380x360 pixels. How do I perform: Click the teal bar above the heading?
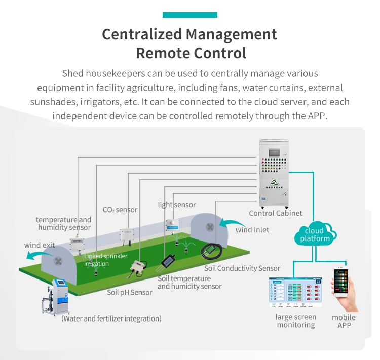pos(189,15)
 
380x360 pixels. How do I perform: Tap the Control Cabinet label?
pos(275,213)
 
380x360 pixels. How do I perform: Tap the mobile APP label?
pos(344,321)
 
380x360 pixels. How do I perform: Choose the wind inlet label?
pos(252,230)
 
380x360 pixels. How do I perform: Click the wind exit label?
pos(40,245)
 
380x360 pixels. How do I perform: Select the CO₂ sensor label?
pos(120,210)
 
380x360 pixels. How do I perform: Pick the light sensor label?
pos(176,205)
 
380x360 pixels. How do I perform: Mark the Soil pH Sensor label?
pos(130,292)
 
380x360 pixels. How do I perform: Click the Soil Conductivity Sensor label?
pos(242,268)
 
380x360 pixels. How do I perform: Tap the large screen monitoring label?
pos(296,321)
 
